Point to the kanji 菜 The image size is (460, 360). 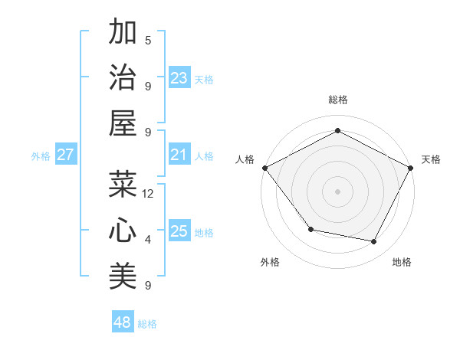click(123, 185)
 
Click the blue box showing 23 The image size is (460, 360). click(179, 78)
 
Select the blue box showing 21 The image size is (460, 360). click(179, 155)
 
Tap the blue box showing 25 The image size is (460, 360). click(179, 231)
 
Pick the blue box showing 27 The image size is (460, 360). click(66, 155)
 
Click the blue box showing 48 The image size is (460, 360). click(123, 322)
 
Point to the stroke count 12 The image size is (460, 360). click(148, 194)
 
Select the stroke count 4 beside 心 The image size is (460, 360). click(148, 240)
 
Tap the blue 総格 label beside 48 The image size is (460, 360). click(147, 324)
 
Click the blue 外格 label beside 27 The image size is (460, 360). click(41, 156)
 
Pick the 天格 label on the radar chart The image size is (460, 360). click(431, 159)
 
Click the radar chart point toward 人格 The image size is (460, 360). click(264, 167)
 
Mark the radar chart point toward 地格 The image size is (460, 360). click(374, 242)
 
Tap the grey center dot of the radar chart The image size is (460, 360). click(337, 191)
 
